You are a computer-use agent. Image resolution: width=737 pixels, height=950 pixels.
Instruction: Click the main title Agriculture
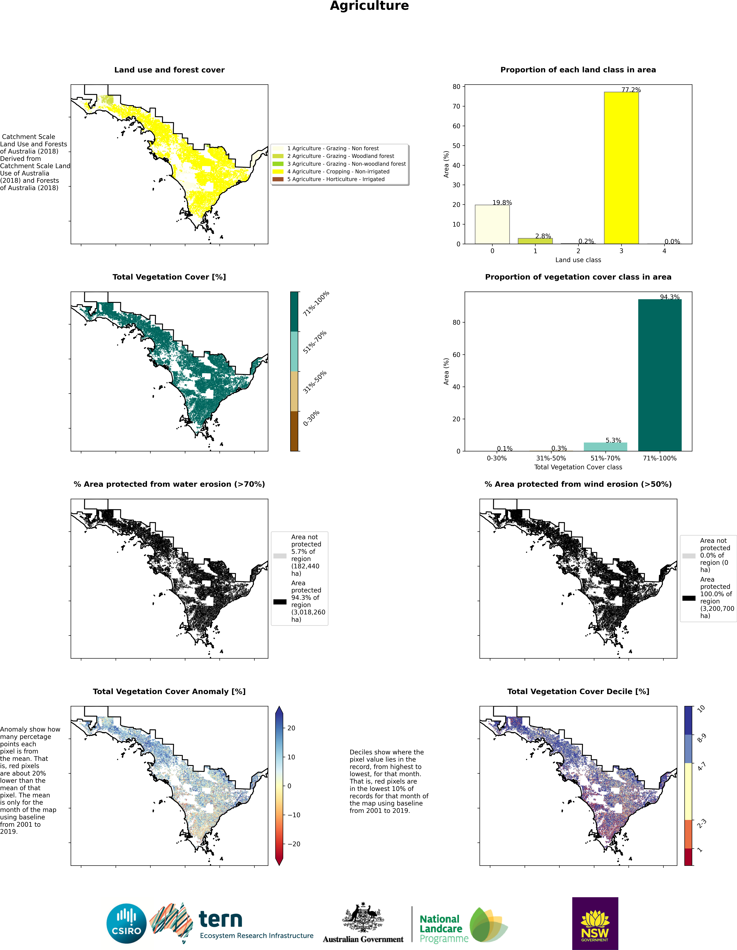coord(369,6)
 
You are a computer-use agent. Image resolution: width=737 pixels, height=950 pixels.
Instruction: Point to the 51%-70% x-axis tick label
coord(605,458)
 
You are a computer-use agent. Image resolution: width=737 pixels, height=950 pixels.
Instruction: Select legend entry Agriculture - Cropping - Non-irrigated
coord(330,171)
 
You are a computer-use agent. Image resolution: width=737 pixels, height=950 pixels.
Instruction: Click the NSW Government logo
coord(595,923)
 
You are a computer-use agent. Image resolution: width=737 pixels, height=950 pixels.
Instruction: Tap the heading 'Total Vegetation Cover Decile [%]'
coord(578,692)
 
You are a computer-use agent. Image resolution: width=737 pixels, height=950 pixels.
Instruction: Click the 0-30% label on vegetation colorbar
coord(311,418)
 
